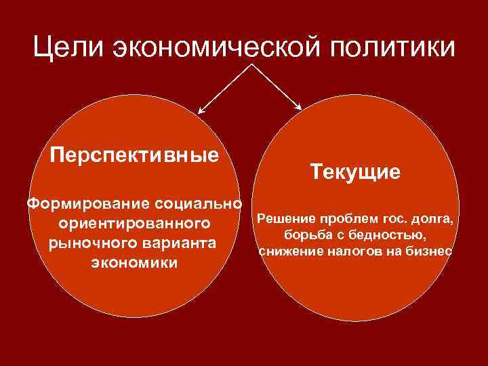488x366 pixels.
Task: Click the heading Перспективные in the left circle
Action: point(135,155)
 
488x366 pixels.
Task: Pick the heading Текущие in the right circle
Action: point(356,171)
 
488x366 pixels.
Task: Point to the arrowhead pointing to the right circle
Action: point(299,106)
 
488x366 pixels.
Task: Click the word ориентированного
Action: point(135,223)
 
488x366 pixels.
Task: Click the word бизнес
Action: point(429,251)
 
